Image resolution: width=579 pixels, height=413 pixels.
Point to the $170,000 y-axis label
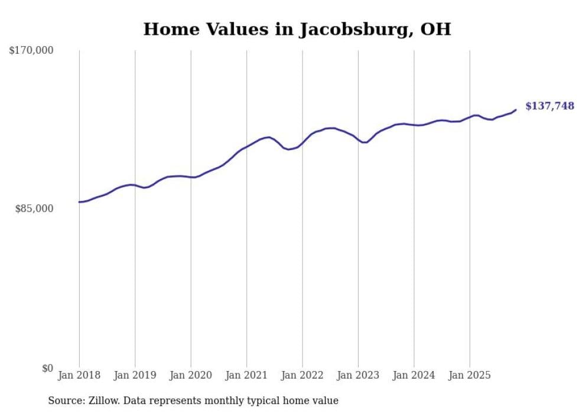31,51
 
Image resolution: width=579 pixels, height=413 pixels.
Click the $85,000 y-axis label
34,209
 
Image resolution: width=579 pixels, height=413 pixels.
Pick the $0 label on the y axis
47,368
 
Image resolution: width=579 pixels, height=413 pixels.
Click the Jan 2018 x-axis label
79,375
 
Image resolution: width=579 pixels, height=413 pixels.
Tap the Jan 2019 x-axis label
135,375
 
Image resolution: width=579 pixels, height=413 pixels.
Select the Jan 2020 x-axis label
191,375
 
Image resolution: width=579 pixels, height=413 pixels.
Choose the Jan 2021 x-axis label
246,375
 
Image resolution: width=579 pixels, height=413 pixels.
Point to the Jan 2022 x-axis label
302,375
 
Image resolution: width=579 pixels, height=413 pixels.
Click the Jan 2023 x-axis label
358,375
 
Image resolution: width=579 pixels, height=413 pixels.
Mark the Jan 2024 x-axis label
414,375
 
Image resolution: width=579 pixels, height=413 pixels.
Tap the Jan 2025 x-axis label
470,375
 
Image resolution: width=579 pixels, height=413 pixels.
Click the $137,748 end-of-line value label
549,106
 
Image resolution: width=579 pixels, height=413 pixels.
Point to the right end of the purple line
516,109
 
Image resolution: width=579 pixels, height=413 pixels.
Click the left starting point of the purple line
79,202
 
